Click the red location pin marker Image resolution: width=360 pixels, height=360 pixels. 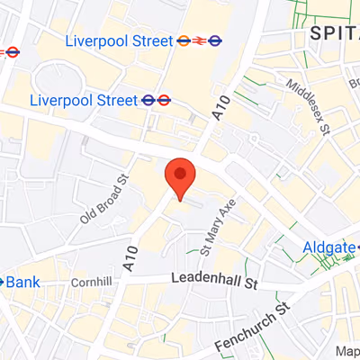[x=180, y=175]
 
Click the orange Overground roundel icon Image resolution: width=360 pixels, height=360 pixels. [x=183, y=40]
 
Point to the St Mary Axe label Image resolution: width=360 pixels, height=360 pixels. [x=217, y=224]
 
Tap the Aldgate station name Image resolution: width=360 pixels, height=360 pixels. [x=328, y=247]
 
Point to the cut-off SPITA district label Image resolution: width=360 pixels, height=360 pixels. [x=334, y=33]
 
